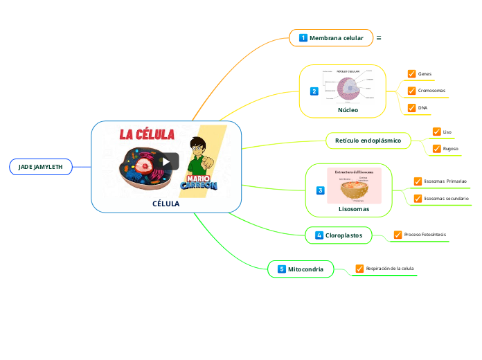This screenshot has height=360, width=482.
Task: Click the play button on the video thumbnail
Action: pos(166,161)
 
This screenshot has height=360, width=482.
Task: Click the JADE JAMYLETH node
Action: pos(40,167)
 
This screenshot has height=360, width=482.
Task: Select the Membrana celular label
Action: pos(336,38)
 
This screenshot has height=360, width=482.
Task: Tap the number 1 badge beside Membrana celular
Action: pos(303,38)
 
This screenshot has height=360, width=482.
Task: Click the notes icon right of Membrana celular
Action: pos(379,38)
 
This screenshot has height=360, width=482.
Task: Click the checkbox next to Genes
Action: pos(412,73)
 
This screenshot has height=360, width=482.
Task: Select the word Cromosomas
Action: pos(431,91)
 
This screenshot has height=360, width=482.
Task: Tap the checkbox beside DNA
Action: pos(412,108)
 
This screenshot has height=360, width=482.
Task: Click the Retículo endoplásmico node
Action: pos(368,141)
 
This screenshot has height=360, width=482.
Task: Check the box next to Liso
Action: pos(436,132)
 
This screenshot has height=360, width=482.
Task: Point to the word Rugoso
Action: pos(450,149)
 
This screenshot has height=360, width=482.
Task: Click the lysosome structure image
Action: pos(354,185)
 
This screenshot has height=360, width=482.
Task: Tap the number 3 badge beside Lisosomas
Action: pos(320,190)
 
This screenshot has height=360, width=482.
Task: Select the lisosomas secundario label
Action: pos(446,199)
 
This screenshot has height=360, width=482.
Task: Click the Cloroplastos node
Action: pos(339,235)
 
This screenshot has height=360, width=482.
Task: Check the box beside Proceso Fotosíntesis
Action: pos(398,235)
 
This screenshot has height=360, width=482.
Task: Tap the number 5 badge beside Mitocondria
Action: pos(282,269)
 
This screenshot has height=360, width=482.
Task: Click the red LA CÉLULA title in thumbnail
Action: pos(148,134)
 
